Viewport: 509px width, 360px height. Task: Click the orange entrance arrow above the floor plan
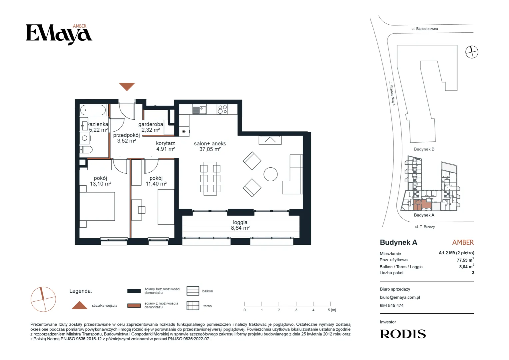tap(127, 86)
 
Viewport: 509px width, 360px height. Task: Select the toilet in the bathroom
tap(86, 150)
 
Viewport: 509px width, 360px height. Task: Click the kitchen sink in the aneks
tap(199, 110)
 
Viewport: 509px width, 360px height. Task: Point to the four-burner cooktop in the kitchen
tap(222, 109)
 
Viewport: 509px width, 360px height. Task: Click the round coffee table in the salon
tap(270, 174)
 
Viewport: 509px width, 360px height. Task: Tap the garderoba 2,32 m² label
tap(151, 127)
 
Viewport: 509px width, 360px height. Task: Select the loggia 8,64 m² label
tap(240, 225)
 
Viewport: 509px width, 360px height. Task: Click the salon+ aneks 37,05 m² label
tap(210, 146)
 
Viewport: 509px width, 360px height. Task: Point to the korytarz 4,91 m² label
tap(166, 146)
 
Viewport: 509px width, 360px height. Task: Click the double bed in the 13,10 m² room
tap(97, 206)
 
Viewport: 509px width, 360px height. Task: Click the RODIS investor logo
tap(403, 334)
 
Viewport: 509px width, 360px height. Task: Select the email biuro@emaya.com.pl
tap(400, 297)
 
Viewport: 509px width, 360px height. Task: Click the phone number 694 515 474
tap(391, 306)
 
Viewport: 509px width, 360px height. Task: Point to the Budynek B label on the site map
tap(424, 149)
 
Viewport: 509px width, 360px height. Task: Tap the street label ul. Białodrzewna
tap(424, 29)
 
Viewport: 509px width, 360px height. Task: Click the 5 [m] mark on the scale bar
tap(332, 310)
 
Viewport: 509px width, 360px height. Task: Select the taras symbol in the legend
tap(193, 306)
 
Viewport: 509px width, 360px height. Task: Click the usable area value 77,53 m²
tap(465, 260)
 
